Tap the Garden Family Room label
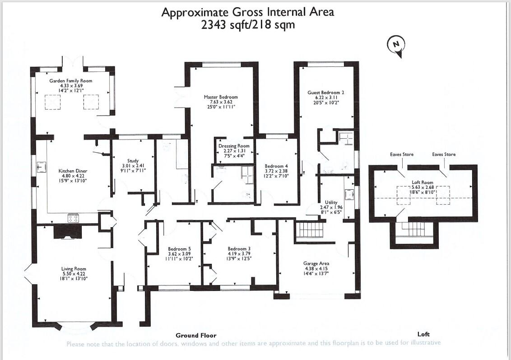70,80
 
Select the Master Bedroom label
220,97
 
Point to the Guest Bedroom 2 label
325,93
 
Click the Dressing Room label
234,146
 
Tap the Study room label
133,160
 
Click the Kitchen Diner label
73,171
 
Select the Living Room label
74,269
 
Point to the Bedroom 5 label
180,249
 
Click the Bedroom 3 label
239,249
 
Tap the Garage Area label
316,263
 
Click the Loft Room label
423,182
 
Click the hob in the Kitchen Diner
74,218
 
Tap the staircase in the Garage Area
310,229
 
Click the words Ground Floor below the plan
195,335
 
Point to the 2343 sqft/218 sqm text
248,25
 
